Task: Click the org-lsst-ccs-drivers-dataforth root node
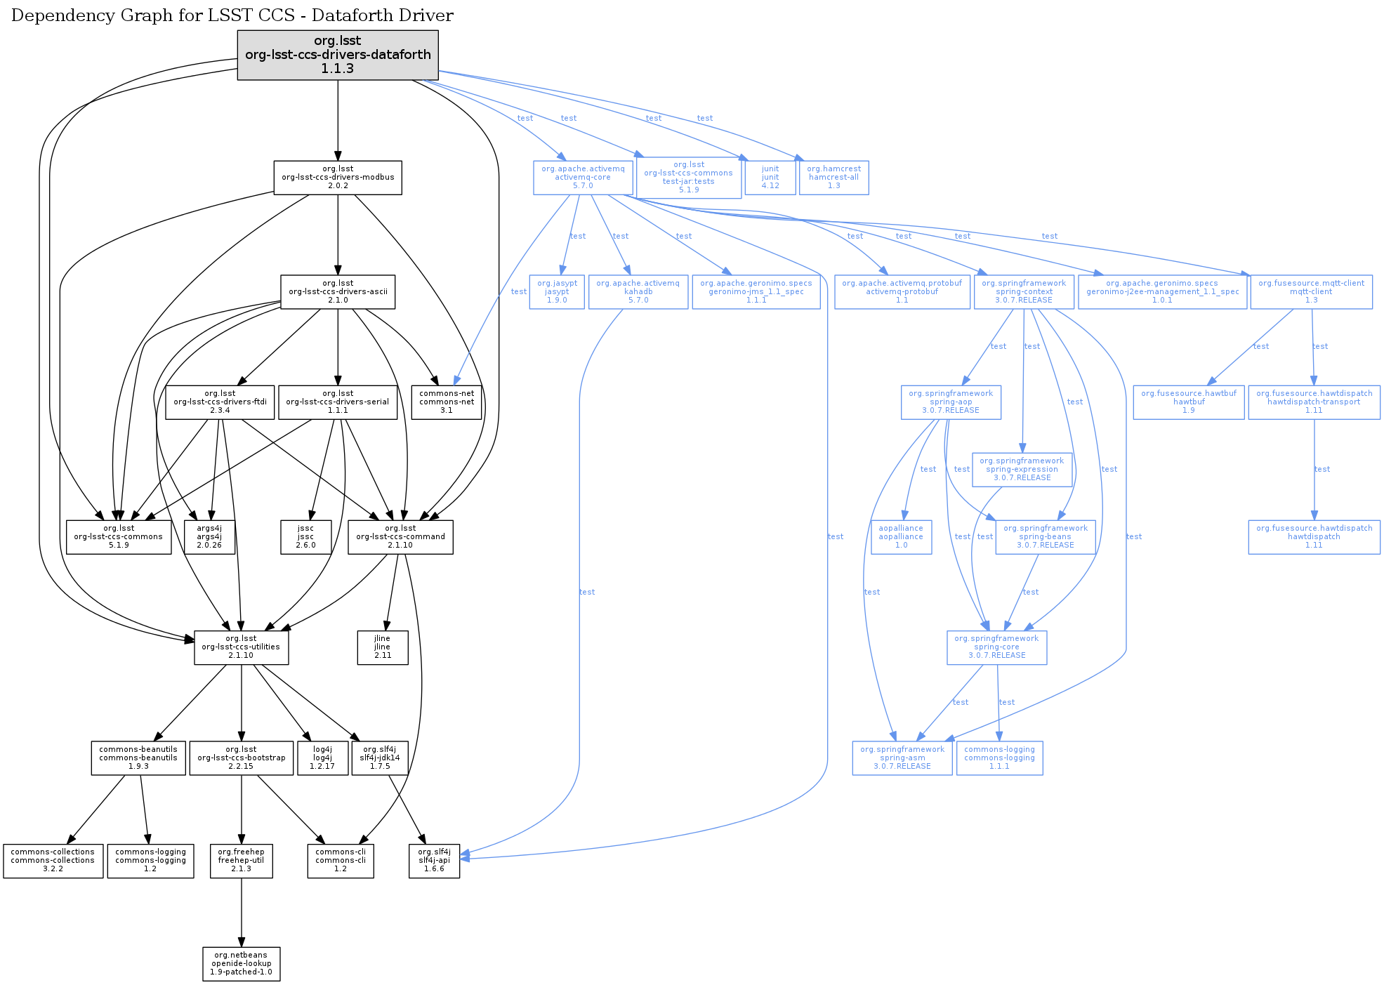tap(338, 55)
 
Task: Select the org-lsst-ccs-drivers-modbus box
tap(338, 178)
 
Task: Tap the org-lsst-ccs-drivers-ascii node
tap(338, 291)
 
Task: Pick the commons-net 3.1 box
tap(447, 402)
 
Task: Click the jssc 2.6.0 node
tap(305, 537)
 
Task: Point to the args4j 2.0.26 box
tap(209, 537)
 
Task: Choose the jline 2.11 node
tap(383, 647)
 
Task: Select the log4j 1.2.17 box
tap(322, 758)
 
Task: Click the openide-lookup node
tap(242, 964)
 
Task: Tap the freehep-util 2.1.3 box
tap(242, 861)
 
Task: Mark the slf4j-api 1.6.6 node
tap(435, 861)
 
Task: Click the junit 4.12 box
tap(770, 178)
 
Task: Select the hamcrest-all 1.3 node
tap(834, 178)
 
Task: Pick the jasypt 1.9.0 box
tap(557, 291)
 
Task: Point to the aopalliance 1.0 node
tap(902, 537)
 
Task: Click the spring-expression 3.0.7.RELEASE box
tap(1022, 470)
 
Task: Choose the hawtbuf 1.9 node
tap(1189, 402)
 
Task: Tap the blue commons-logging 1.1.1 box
tap(1000, 758)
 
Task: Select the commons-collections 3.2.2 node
tap(53, 861)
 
